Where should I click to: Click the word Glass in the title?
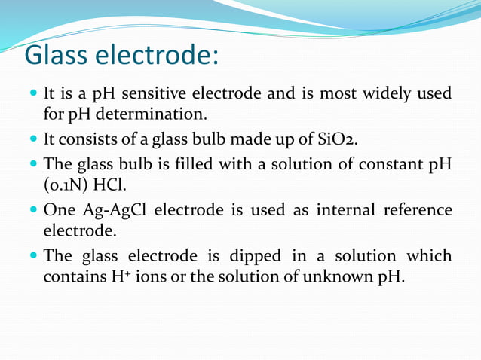(x=62, y=55)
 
